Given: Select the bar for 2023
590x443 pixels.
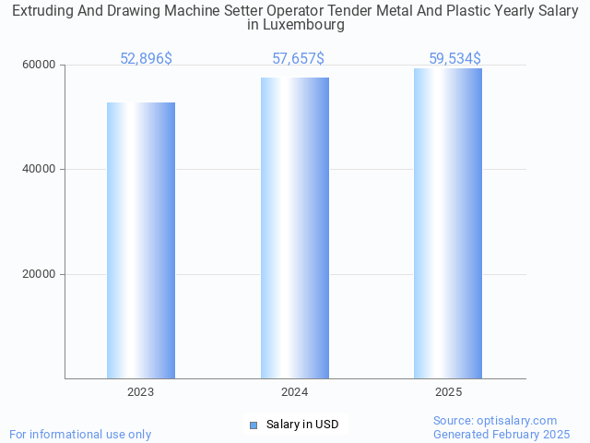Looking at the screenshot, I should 141,240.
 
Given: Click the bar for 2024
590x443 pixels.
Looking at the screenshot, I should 295,228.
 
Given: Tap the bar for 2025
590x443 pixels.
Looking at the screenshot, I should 448,223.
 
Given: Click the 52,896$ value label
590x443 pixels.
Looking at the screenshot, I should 146,59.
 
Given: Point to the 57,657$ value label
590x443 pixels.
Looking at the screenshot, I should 298,59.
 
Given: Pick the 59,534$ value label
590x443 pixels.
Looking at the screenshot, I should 454,59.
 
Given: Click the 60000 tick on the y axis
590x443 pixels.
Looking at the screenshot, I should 40,66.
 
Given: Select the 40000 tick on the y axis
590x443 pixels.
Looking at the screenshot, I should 40,170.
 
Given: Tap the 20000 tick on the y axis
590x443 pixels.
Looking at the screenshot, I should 40,274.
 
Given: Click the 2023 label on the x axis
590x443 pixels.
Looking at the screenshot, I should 141,392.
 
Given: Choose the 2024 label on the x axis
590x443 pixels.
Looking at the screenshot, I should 295,392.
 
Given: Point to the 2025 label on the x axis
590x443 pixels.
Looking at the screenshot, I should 448,392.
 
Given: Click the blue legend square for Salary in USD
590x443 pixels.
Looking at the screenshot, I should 254,425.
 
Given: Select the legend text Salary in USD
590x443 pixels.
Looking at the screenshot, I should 302,425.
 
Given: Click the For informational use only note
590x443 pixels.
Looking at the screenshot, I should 80,434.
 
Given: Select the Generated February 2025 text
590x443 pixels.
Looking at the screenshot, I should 501,434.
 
